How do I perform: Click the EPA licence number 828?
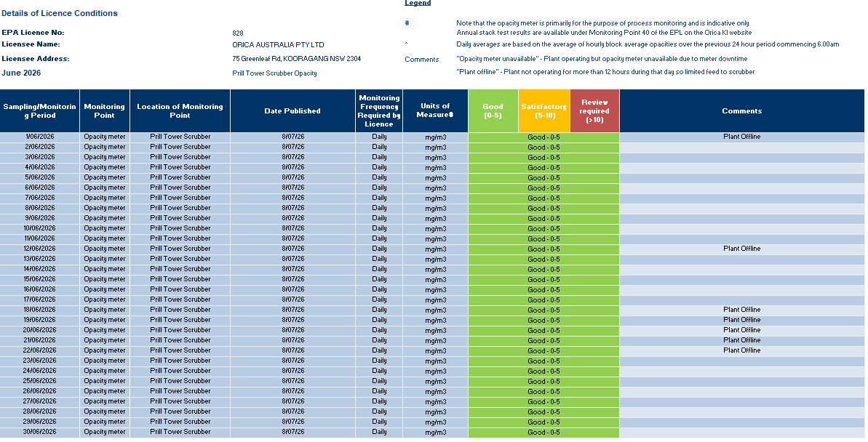coord(237,33)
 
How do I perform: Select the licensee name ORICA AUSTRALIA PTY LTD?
coord(278,45)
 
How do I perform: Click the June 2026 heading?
coord(21,73)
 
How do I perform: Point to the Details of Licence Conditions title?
coord(59,13)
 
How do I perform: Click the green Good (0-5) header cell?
coord(493,110)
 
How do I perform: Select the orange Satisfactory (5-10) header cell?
coord(544,110)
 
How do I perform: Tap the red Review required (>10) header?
coord(594,110)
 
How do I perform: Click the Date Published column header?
coord(292,110)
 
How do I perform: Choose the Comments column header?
coord(742,110)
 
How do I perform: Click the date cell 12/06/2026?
coord(40,249)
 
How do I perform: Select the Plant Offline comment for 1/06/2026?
coord(742,137)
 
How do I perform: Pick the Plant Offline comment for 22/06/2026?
coord(742,350)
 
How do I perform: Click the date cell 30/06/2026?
coord(40,432)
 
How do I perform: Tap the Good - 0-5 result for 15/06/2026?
coord(544,279)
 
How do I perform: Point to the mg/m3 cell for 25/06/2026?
coord(436,381)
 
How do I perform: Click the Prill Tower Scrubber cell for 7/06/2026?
coord(180,198)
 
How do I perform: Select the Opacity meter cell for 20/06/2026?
coord(105,330)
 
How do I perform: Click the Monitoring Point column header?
coord(105,110)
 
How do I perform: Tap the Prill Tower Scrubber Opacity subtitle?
coord(274,73)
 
